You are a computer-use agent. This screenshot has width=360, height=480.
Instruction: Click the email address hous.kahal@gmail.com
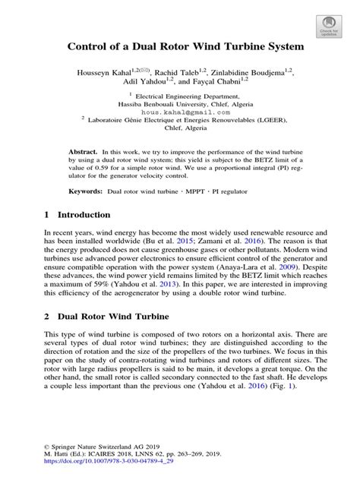click(x=179, y=112)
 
